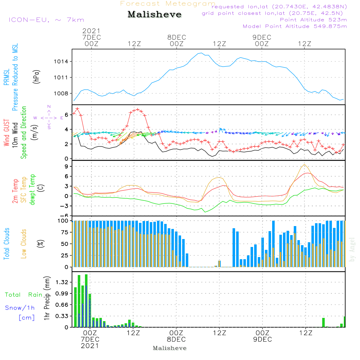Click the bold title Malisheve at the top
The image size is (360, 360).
point(155,15)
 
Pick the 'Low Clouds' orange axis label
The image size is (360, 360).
point(24,244)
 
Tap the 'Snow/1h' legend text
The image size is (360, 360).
point(20,308)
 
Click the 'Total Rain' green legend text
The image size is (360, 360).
point(23,295)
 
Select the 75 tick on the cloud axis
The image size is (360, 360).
point(63,232)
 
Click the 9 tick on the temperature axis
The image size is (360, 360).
point(66,166)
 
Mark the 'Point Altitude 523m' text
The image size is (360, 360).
point(313,20)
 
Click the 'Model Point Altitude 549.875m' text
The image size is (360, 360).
point(295,26)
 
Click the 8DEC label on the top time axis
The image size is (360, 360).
point(176,37)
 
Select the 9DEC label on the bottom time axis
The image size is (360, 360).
point(262,339)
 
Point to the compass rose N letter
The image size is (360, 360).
point(49,106)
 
